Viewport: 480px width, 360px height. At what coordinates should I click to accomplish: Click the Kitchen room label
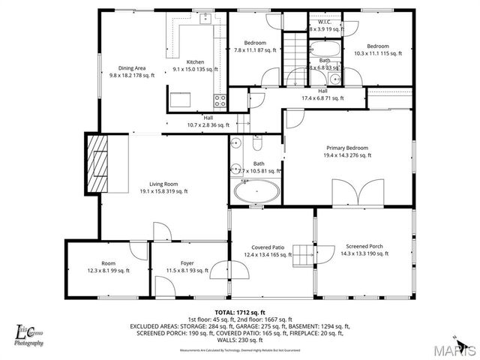(x=195, y=61)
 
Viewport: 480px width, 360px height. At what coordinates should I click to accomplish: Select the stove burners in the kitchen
(x=220, y=99)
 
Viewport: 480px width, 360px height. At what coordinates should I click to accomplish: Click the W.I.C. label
(x=325, y=22)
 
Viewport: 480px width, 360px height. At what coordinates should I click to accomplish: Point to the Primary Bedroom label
(x=346, y=148)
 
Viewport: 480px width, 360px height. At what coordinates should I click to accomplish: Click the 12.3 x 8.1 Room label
(x=109, y=263)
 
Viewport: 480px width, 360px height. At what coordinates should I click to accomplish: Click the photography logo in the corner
(x=29, y=334)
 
